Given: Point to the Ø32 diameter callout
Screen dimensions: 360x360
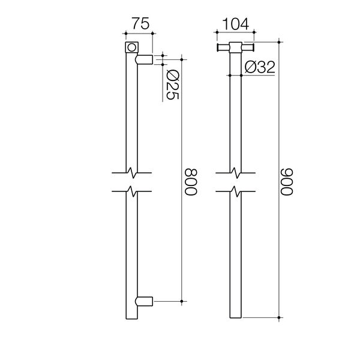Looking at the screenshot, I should tap(260, 67).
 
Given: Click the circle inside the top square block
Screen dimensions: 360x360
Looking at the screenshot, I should tap(131, 47).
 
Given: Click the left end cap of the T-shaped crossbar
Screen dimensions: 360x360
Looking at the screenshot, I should tap(218, 48).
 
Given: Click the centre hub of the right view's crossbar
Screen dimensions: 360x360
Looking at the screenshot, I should tap(236, 48).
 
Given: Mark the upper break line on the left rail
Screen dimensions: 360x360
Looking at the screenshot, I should tap(131, 173).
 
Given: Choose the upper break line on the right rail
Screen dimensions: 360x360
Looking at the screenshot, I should tap(236, 173).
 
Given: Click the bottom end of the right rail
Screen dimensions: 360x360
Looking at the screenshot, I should tap(236, 316).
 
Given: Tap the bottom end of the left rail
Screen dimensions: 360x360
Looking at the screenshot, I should tap(131, 316).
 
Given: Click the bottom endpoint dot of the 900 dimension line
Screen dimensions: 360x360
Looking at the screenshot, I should tap(280, 317).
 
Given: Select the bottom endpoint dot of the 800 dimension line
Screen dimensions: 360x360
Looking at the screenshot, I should tap(182, 299).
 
